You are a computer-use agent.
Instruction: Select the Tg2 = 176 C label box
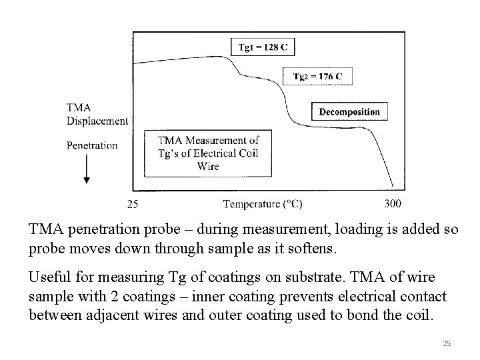coord(318,77)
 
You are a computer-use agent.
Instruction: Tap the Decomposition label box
coord(349,111)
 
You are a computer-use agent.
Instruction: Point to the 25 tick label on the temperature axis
coord(133,203)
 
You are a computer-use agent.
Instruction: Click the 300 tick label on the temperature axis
coord(393,203)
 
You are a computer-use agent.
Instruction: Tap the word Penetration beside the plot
coord(92,145)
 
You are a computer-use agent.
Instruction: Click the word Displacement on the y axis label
coord(97,121)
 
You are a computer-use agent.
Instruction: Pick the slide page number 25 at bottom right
coord(447,343)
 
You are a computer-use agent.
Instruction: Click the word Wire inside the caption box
coord(207,166)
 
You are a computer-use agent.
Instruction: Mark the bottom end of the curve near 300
coord(392,186)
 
